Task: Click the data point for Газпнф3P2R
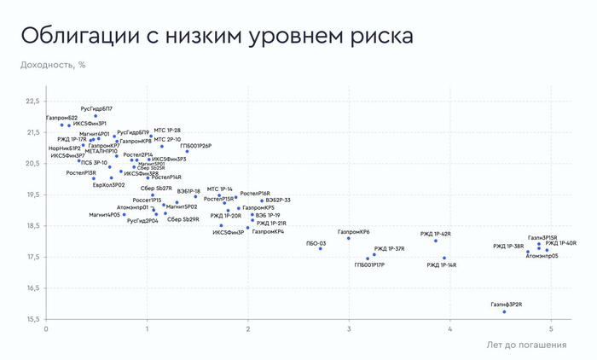[504, 311]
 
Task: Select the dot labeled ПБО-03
[321, 248]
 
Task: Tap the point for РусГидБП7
[96, 116]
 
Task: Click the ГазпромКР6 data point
[349, 238]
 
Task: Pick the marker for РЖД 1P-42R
[436, 241]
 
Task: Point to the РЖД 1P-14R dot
[444, 258]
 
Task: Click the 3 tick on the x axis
[349, 328]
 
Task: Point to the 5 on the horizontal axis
[550, 328]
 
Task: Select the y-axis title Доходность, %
[53, 64]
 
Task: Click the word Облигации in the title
[74, 36]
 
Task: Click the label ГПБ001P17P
[369, 265]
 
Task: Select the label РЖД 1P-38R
[508, 247]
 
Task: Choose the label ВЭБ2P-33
[278, 200]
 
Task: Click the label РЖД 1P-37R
[389, 249]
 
